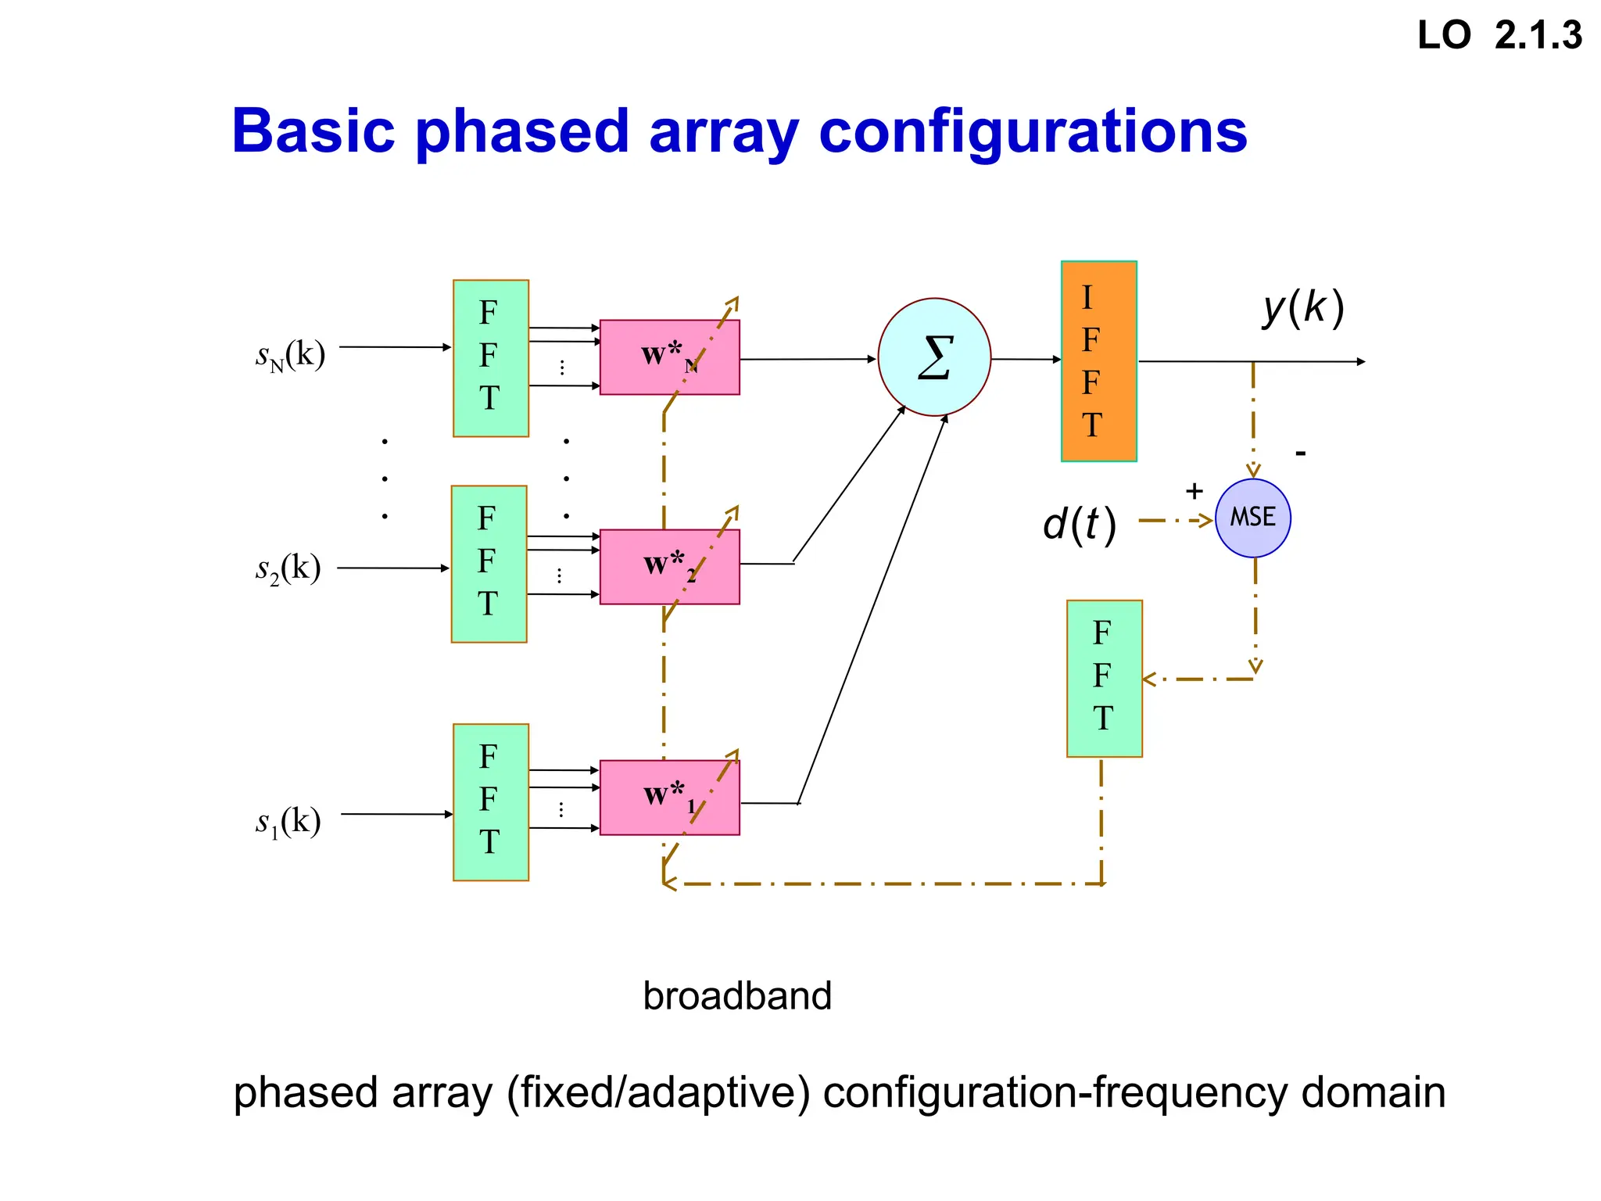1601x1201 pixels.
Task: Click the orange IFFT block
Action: pyautogui.click(x=1098, y=361)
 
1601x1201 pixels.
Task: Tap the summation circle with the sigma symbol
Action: pyautogui.click(x=934, y=357)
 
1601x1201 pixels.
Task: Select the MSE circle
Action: pyautogui.click(x=1253, y=518)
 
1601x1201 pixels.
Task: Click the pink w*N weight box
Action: pyautogui.click(x=669, y=357)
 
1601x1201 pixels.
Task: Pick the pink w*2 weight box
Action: pyautogui.click(x=669, y=567)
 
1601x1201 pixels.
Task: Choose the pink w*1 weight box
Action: pyautogui.click(x=669, y=798)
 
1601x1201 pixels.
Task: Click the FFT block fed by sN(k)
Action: pyautogui.click(x=491, y=358)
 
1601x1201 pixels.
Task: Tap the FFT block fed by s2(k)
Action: pyautogui.click(x=489, y=564)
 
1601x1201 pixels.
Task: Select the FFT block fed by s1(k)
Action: pyautogui.click(x=491, y=802)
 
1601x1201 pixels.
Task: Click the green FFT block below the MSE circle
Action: pyautogui.click(x=1105, y=679)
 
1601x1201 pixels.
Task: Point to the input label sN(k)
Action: pyautogui.click(x=290, y=356)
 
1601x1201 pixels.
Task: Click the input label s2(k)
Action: pyautogui.click(x=288, y=569)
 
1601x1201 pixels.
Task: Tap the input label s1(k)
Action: pyautogui.click(x=288, y=823)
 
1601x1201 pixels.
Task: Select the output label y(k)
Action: pyautogui.click(x=1303, y=307)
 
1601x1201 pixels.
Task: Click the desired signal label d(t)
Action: pyautogui.click(x=1079, y=524)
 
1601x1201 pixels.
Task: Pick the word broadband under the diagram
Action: pyautogui.click(x=736, y=996)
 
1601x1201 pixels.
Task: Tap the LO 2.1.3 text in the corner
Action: pyautogui.click(x=1499, y=36)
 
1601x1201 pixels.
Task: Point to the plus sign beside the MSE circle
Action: pyautogui.click(x=1194, y=491)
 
